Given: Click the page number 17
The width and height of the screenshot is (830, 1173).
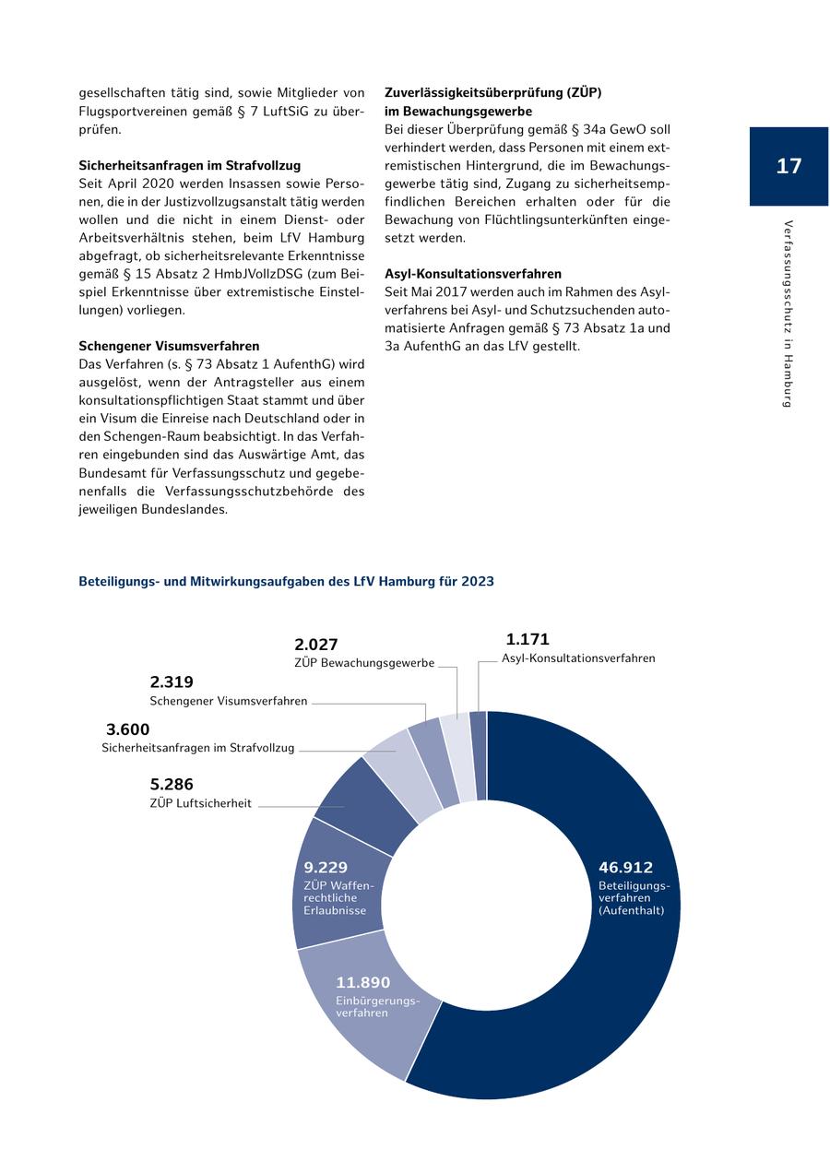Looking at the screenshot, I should coord(788,166).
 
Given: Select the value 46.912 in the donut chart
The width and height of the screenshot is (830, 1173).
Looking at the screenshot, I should coord(625,868).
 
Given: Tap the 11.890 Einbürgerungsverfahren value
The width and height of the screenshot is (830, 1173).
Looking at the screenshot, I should coord(363,983).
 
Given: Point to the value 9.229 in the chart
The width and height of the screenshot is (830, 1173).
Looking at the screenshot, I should coord(326,868).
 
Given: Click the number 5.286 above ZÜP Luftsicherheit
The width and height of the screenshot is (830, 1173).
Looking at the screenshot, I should coord(172,785).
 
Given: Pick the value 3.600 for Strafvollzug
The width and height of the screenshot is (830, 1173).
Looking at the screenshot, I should coord(127,729).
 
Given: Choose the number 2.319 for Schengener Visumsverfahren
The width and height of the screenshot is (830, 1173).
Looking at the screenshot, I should coord(172,682).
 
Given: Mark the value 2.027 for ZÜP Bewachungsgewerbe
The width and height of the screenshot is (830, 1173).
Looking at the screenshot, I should coord(316,645).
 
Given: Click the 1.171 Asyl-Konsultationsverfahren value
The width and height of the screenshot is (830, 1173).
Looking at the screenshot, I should coord(528,639).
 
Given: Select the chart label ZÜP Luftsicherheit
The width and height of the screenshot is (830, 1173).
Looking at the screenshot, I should coord(200,803).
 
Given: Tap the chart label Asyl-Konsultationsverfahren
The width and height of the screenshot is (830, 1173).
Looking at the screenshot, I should coord(578,658).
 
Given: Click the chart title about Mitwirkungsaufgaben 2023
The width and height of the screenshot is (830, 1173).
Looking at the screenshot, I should coord(286,582).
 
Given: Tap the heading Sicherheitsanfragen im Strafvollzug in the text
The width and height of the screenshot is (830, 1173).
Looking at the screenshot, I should coord(189,165).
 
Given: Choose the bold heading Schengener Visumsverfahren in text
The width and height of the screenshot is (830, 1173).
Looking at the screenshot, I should coord(169,346).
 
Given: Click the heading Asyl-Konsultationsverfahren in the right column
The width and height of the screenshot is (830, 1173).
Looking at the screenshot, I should coord(472,274).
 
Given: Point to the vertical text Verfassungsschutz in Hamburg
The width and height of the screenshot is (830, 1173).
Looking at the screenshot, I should coord(788,313).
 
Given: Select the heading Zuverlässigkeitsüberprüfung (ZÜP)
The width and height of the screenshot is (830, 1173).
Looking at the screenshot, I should coord(492,93).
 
